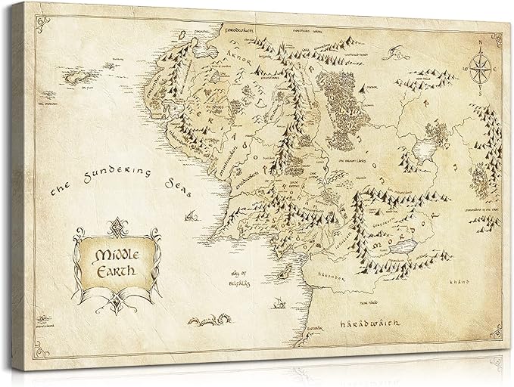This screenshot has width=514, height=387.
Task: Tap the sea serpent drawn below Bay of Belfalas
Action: (212, 323)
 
